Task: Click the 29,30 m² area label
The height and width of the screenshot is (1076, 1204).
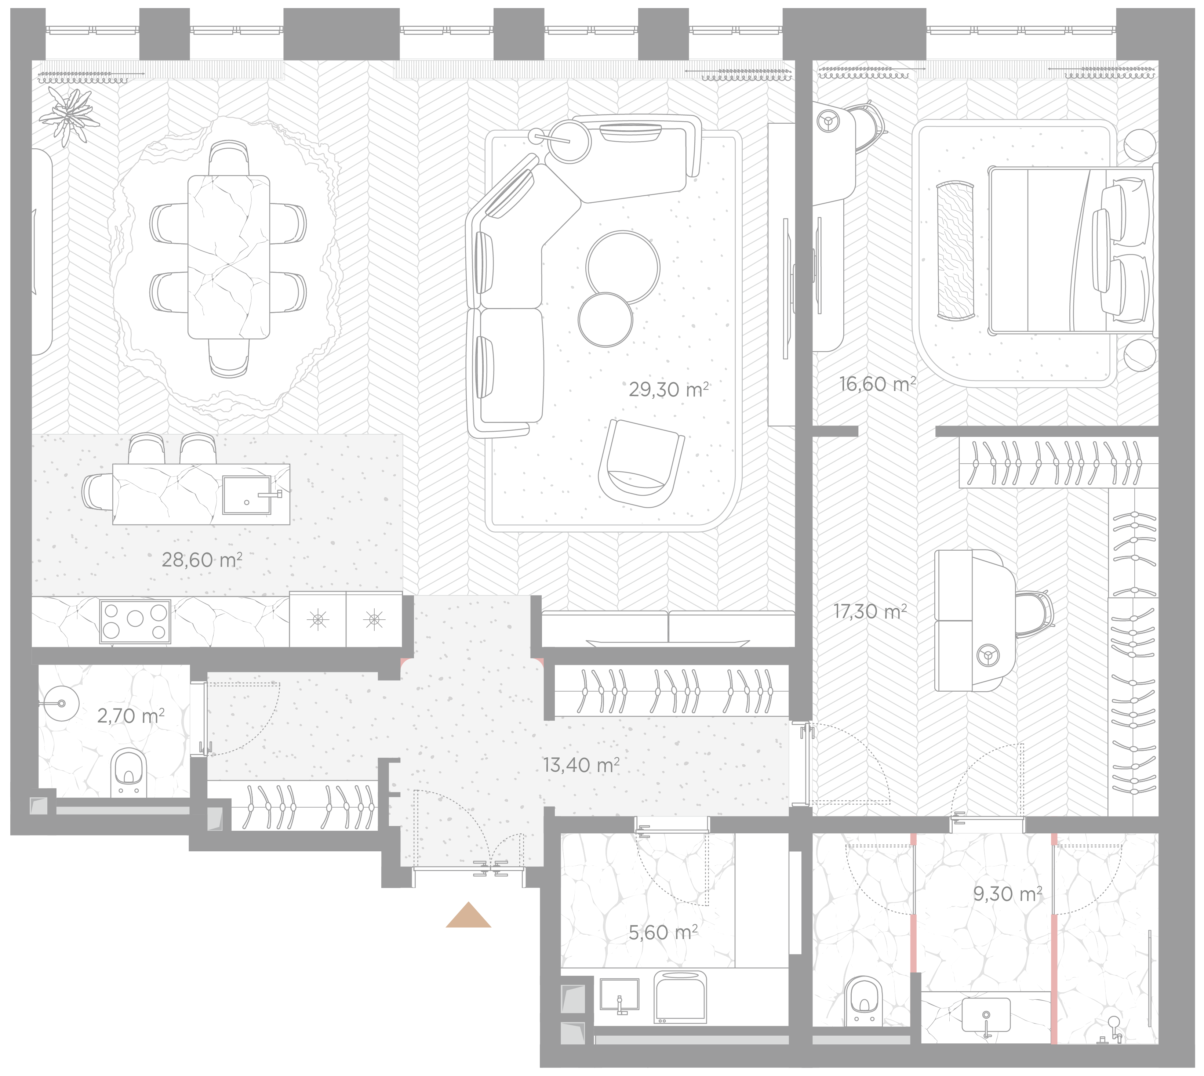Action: click(669, 390)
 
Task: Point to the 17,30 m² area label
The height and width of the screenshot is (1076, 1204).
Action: click(870, 611)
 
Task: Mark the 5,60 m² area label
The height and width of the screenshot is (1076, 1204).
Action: click(663, 932)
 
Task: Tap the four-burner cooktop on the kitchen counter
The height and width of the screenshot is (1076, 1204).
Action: click(135, 622)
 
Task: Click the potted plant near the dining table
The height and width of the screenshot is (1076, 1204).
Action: click(69, 115)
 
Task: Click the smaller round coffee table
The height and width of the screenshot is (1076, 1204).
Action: click(605, 320)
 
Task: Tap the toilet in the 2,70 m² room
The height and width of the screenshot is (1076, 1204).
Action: click(128, 773)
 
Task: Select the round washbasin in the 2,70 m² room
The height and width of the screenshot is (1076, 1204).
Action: click(62, 703)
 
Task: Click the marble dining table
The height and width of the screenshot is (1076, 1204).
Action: click(229, 257)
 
